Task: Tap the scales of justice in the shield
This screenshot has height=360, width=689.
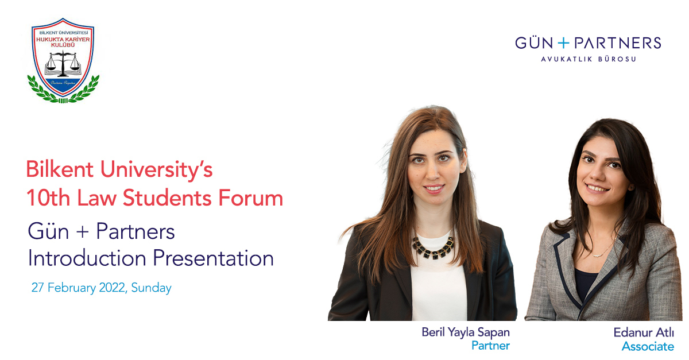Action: [x=63, y=63]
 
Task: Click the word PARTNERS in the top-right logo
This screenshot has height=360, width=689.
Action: [x=617, y=43]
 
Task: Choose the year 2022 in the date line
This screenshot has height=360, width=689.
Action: [x=109, y=288]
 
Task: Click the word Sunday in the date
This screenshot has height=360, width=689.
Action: [x=152, y=288]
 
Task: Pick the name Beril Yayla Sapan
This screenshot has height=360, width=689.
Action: [x=466, y=332]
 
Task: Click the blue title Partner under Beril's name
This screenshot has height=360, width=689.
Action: [x=490, y=345]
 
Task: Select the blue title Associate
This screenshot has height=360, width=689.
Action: [x=648, y=346]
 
